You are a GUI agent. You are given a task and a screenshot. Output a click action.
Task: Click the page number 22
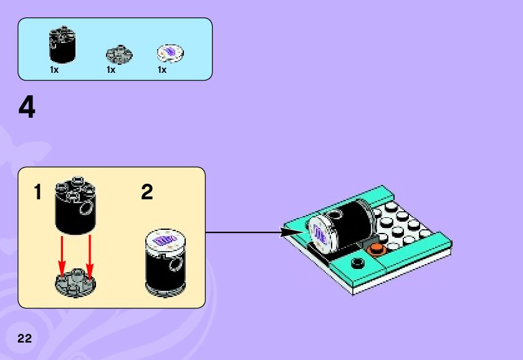tap(24, 339)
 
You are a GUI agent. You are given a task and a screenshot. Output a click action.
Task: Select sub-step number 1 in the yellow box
tap(38, 192)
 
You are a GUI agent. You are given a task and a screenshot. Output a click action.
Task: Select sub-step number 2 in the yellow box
tap(147, 192)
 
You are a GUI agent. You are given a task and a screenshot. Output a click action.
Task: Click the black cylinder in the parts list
tap(62, 45)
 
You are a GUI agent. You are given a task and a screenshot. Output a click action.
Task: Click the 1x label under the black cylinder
tap(54, 70)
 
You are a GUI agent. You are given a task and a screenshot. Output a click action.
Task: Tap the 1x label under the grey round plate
tap(111, 70)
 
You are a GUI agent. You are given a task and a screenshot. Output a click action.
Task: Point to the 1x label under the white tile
tap(162, 70)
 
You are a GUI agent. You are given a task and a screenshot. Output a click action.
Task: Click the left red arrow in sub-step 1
tap(62, 255)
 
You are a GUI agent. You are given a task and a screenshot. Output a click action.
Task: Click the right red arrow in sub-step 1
tap(89, 255)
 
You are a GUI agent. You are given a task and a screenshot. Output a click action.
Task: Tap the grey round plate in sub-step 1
tap(75, 282)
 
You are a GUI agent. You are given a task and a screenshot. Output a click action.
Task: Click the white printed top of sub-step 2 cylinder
tap(165, 240)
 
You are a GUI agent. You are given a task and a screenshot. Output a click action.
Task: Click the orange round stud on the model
tap(377, 249)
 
